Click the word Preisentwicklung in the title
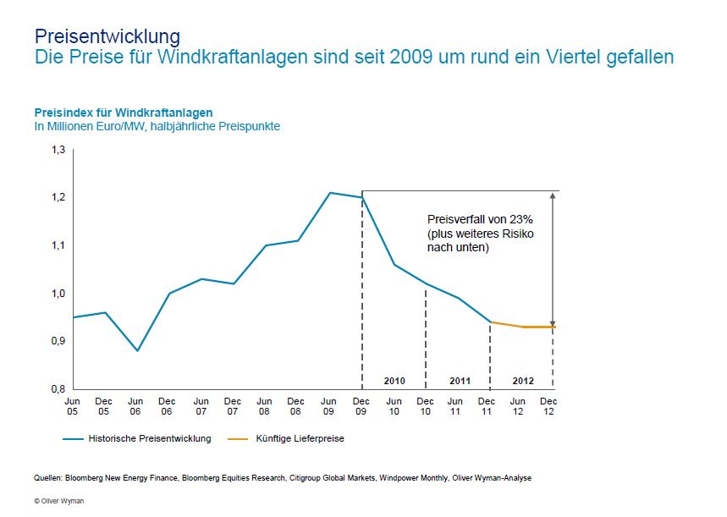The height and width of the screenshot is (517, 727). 107,36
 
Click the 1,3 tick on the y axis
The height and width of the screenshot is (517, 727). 58,150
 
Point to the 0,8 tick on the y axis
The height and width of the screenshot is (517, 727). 58,389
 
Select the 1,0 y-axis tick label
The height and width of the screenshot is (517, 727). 58,294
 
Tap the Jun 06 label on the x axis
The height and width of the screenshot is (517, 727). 136,406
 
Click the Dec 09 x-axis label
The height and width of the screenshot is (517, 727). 361,406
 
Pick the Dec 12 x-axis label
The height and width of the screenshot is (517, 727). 548,406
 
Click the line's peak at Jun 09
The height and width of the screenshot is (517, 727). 330,193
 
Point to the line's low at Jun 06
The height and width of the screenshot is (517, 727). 137,350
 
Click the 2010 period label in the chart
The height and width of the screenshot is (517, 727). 394,381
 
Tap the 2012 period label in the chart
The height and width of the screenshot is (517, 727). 523,381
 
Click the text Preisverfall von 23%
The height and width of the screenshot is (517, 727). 479,218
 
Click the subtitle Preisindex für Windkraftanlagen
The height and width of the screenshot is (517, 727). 123,113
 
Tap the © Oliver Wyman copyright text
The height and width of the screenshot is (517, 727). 58,501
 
